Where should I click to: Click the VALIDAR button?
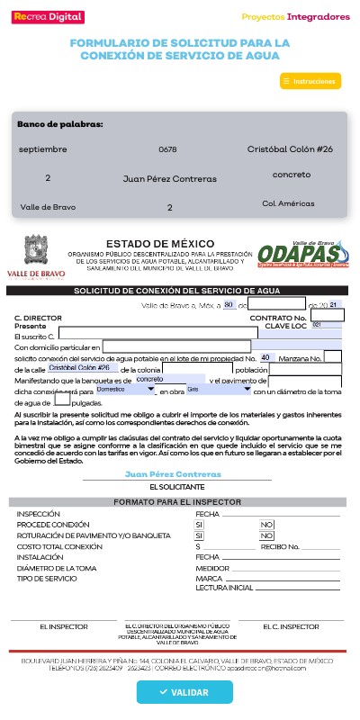[184, 692]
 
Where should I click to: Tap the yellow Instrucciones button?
[310, 81]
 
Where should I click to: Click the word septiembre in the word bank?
[42, 148]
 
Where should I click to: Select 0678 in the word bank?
[167, 148]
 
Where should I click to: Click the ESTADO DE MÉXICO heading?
[160, 244]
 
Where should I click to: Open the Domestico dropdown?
[125, 390]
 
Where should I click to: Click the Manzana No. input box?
[332, 357]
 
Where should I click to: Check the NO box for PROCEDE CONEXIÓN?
[266, 524]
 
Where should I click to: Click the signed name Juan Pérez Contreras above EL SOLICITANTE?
[161, 473]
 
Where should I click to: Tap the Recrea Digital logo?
[45, 16]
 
